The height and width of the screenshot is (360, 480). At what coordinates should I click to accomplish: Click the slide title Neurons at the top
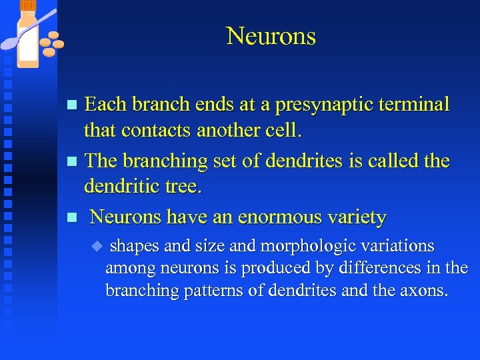coord(271,36)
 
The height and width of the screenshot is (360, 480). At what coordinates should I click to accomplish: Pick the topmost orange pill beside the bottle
coord(54,35)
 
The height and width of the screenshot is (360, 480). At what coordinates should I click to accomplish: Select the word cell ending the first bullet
coord(283,131)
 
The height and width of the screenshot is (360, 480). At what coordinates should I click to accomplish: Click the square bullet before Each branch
coord(74,105)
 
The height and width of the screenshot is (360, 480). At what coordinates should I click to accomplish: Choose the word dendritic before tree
coord(121,187)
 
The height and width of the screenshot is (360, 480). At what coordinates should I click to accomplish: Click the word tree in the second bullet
coord(183,187)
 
